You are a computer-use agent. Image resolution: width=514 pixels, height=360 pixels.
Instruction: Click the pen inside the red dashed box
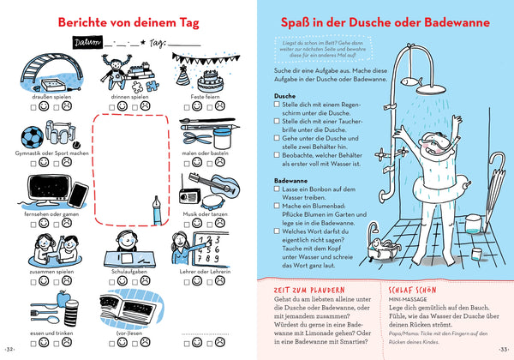click(x=156, y=207)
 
